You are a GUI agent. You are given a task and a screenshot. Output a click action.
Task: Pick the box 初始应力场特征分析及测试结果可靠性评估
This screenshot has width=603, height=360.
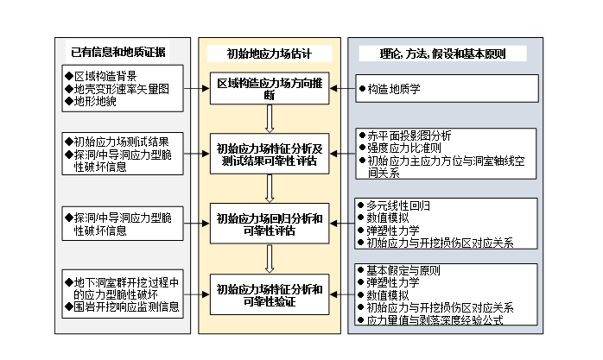click(x=271, y=155)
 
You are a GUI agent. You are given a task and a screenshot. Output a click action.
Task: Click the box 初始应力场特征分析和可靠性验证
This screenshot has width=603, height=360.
click(x=271, y=293)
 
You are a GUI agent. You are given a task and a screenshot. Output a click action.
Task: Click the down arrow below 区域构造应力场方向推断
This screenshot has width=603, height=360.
click(x=271, y=117)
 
